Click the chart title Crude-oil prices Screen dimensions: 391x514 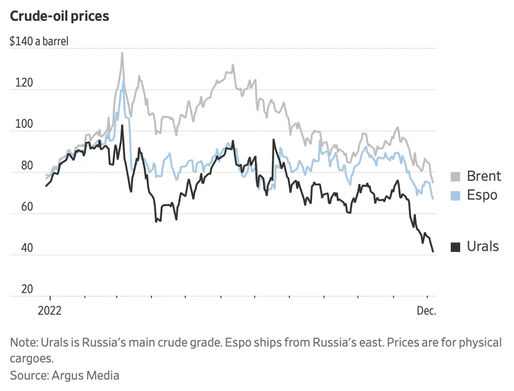point(59,17)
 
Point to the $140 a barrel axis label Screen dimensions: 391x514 point(39,42)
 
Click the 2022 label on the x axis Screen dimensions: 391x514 point(50,310)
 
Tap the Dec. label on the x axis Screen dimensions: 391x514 point(426,310)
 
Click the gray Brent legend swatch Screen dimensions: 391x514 point(455,177)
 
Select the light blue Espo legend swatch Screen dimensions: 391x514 point(455,196)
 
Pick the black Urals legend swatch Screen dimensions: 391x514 point(455,247)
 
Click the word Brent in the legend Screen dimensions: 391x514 point(484,177)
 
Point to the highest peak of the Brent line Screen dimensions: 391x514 point(122,53)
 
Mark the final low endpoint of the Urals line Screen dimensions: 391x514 point(433,251)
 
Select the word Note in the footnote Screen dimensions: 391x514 point(23,342)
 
